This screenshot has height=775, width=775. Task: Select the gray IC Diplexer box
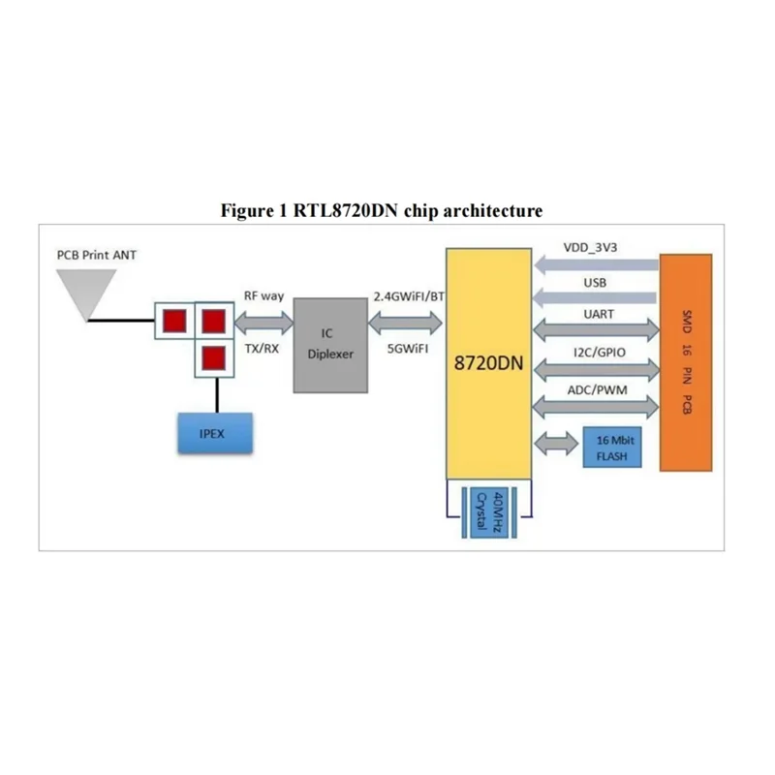[x=330, y=344]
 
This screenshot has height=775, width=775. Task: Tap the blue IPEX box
[x=213, y=433]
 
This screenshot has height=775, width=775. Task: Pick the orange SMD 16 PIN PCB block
[x=686, y=362]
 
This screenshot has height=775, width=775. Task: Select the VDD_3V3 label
[x=591, y=248]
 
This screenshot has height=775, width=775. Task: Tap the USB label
[x=595, y=283]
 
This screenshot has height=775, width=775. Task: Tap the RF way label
[x=262, y=295]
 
